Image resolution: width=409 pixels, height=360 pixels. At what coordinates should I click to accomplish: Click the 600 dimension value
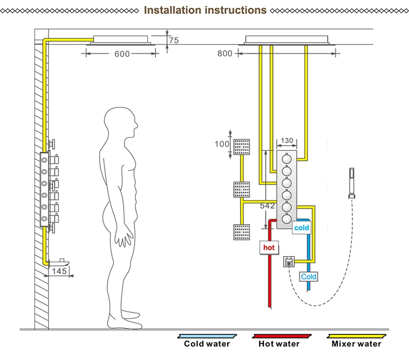[122, 54]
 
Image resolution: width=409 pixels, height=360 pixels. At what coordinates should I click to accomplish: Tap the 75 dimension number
[174, 40]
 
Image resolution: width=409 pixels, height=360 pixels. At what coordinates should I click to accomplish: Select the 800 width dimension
[224, 54]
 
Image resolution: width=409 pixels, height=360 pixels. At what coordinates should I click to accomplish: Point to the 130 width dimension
[287, 141]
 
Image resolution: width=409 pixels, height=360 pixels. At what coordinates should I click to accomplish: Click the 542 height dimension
[267, 206]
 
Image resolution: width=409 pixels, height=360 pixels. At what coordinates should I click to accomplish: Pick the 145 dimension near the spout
[59, 272]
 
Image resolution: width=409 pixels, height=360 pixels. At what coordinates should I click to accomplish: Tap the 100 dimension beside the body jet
[222, 144]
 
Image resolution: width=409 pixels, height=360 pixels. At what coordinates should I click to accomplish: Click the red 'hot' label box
[269, 247]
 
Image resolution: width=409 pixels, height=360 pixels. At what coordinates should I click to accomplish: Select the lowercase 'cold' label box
[301, 228]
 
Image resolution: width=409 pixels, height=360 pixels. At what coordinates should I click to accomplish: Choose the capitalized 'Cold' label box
[308, 277]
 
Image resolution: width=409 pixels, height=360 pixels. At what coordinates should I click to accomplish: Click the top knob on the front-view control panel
[287, 159]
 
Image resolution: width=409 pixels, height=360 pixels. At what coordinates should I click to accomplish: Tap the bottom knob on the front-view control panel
[287, 219]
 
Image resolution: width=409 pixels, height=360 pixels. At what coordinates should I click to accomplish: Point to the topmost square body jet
[241, 147]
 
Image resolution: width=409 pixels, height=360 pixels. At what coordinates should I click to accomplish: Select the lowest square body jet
[241, 232]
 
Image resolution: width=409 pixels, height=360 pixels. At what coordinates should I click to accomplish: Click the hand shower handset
[352, 183]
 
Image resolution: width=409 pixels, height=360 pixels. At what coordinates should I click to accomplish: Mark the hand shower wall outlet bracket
[289, 262]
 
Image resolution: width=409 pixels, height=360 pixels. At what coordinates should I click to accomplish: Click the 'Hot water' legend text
[279, 344]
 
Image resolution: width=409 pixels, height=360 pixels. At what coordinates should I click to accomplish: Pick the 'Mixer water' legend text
[356, 344]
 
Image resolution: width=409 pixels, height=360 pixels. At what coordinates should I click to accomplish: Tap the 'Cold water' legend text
[207, 344]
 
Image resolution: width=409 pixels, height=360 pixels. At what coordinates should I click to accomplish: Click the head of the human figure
[121, 122]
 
